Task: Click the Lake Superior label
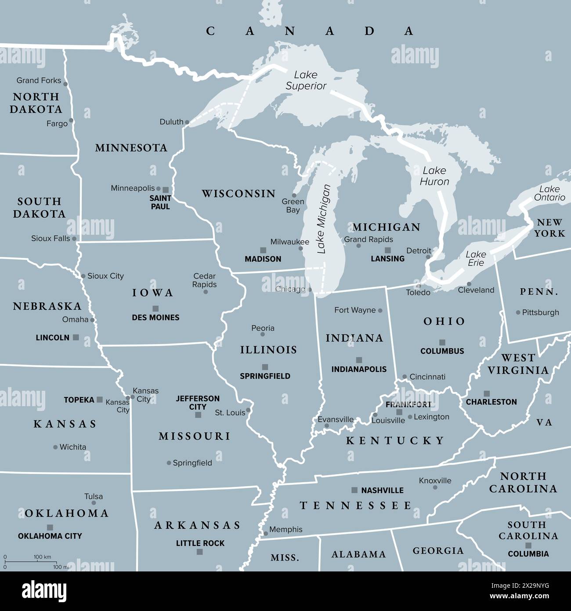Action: pyautogui.click(x=306, y=80)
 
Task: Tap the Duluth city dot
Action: pyautogui.click(x=187, y=122)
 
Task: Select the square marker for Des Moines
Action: pyautogui.click(x=155, y=308)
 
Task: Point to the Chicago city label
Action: pyautogui.click(x=290, y=289)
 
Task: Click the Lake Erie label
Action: pyautogui.click(x=476, y=258)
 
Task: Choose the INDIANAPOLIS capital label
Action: pyautogui.click(x=359, y=369)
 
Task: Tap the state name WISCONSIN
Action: pyautogui.click(x=239, y=193)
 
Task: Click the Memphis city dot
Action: pyautogui.click(x=266, y=534)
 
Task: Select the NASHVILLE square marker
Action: pyautogui.click(x=354, y=490)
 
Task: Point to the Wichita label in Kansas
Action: pyautogui.click(x=73, y=447)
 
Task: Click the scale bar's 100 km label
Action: pyautogui.click(x=42, y=557)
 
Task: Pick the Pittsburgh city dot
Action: pyautogui.click(x=518, y=313)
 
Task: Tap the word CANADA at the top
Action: pyautogui.click(x=310, y=31)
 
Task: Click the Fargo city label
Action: pyautogui.click(x=57, y=124)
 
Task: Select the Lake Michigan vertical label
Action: pyautogui.click(x=323, y=219)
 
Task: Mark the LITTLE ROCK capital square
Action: pyautogui.click(x=200, y=552)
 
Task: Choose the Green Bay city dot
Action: pyautogui.click(x=294, y=196)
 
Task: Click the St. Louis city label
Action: pyautogui.click(x=230, y=413)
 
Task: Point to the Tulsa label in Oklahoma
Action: pyautogui.click(x=94, y=496)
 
